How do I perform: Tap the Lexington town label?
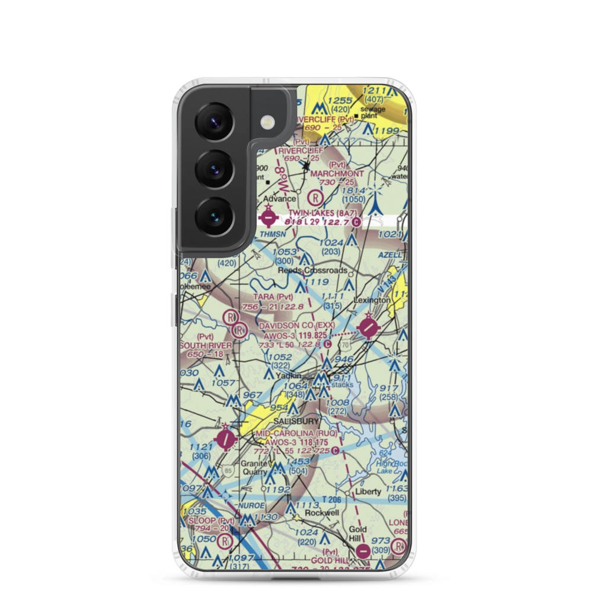click(372, 301)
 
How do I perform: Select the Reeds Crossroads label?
click(313, 270)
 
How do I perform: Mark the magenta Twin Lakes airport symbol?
click(268, 218)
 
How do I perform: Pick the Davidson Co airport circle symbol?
click(369, 326)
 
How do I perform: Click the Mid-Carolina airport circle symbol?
click(227, 439)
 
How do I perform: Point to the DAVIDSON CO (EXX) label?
click(296, 326)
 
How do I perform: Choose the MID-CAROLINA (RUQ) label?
click(296, 433)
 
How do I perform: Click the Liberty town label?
click(368, 492)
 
